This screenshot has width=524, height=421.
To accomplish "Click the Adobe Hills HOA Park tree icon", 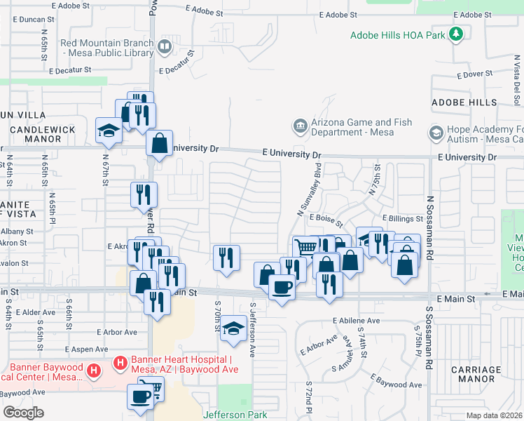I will (457, 34).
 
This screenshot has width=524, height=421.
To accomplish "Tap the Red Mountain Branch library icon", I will (165, 48).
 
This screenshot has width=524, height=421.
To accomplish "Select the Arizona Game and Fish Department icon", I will (300, 127).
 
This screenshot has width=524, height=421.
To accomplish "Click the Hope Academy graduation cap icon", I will (436, 132).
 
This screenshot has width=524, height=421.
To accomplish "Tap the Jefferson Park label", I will (235, 415).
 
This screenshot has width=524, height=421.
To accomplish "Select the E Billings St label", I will (403, 219).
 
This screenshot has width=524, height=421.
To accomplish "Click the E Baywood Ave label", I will (398, 385).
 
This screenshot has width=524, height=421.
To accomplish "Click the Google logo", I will (23, 412).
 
